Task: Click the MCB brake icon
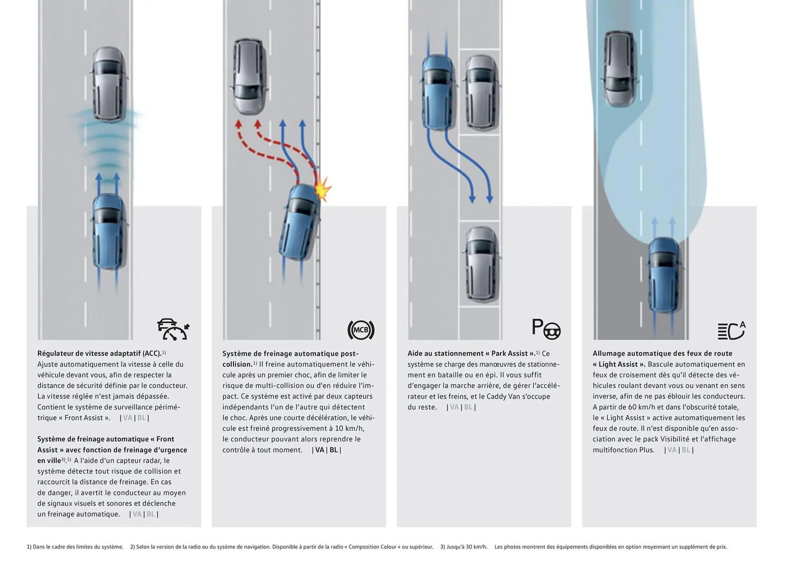[x=361, y=330]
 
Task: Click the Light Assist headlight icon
[x=731, y=330]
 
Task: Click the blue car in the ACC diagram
[x=108, y=232]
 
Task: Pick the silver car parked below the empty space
[x=481, y=263]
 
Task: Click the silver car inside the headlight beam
[x=619, y=68]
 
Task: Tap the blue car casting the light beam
[x=663, y=275]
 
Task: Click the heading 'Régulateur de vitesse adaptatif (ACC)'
[x=99, y=353]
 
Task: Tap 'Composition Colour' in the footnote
[x=375, y=547]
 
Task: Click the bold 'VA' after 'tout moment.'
[x=320, y=450]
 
